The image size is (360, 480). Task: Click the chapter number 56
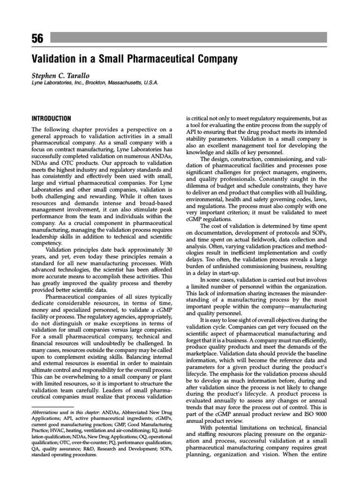(37, 38)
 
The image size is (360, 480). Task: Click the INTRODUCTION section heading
(51, 119)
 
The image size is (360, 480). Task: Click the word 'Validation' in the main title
(52, 60)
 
